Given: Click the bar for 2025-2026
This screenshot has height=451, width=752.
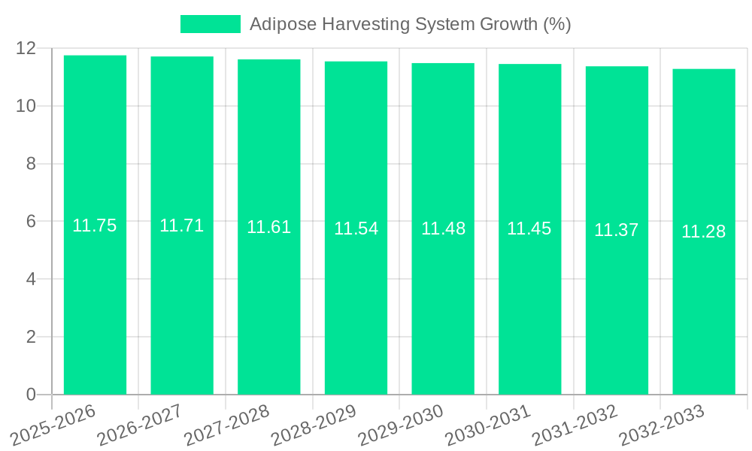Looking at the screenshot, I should [x=95, y=225].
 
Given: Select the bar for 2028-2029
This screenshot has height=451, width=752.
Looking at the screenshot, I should [x=356, y=229].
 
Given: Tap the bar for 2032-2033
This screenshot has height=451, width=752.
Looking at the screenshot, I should [x=704, y=232].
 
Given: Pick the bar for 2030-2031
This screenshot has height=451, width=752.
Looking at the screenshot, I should [x=529, y=229].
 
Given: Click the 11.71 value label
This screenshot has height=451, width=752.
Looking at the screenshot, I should [x=181, y=225].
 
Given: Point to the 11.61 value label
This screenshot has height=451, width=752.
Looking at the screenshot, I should [x=268, y=227].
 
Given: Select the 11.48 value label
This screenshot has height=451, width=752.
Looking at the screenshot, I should [x=443, y=229].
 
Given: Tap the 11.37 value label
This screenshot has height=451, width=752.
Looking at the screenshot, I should [x=616, y=231].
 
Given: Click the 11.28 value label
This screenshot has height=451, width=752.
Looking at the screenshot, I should [x=703, y=232].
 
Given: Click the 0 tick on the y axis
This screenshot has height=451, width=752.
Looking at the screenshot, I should [x=31, y=395].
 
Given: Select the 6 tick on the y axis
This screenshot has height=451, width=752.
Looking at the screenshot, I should [x=31, y=222].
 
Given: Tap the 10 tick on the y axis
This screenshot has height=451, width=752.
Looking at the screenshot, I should [x=26, y=106].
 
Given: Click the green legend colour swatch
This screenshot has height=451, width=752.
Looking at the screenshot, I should [x=210, y=24].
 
